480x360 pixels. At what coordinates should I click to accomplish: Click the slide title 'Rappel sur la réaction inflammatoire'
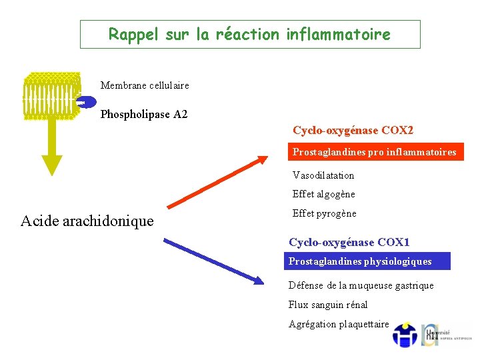[250, 34]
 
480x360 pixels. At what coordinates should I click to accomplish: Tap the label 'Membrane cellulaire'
[145, 85]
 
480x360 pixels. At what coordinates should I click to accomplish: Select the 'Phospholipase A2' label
[144, 115]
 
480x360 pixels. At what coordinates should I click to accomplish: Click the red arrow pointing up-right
[217, 181]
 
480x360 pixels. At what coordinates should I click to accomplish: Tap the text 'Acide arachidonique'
[87, 221]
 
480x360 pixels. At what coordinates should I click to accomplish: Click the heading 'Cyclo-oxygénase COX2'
[353, 130]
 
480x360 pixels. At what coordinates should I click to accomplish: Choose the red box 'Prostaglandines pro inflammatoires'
[375, 153]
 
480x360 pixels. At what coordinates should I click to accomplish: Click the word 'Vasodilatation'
[323, 175]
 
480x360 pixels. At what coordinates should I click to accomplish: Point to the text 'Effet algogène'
[324, 195]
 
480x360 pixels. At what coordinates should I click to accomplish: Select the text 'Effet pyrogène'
[325, 214]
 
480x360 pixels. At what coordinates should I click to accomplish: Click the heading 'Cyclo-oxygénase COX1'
[349, 243]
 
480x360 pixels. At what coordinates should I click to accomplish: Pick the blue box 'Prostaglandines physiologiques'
[360, 261]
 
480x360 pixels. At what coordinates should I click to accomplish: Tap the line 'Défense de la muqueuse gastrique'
[361, 285]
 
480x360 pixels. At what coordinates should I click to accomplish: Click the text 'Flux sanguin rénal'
[328, 305]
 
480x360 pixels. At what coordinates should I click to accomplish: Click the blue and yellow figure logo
[405, 335]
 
